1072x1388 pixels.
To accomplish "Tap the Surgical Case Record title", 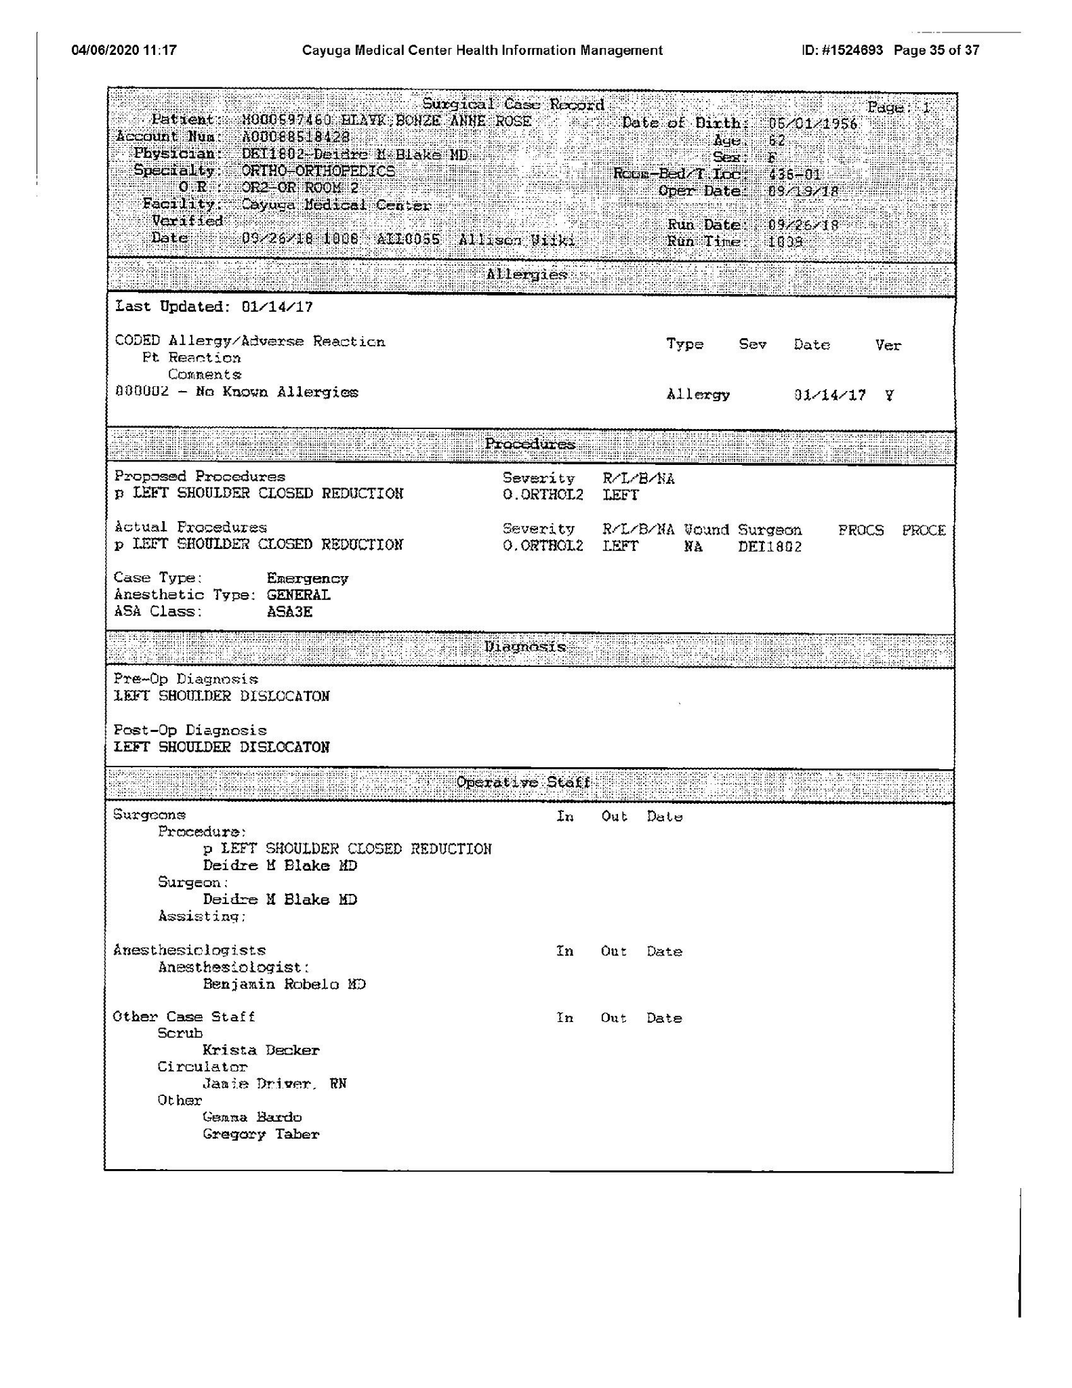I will (513, 104).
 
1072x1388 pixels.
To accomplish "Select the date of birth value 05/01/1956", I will (812, 123).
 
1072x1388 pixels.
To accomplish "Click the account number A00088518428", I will (295, 136).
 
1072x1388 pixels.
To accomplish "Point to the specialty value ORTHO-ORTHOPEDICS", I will (318, 171).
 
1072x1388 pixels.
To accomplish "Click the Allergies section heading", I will (527, 274).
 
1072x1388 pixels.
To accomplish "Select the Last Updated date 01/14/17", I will (277, 307).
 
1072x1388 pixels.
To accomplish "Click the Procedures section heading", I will (530, 445).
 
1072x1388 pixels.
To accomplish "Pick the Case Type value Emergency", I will (307, 578).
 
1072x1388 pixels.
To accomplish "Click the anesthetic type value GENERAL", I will (298, 595).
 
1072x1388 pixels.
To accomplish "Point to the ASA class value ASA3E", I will (289, 612).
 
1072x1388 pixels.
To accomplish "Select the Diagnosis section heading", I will (524, 647).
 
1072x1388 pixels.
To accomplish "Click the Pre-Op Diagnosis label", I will (186, 679).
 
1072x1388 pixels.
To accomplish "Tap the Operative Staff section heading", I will (523, 783).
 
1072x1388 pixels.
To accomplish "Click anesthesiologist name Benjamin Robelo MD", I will (284, 985).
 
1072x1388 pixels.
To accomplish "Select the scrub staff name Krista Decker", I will (261, 1050).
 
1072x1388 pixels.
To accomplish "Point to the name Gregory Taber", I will (261, 1135).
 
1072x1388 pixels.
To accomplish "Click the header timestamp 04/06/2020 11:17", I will (124, 50).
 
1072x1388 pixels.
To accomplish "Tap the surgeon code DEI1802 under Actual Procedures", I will (769, 546).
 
